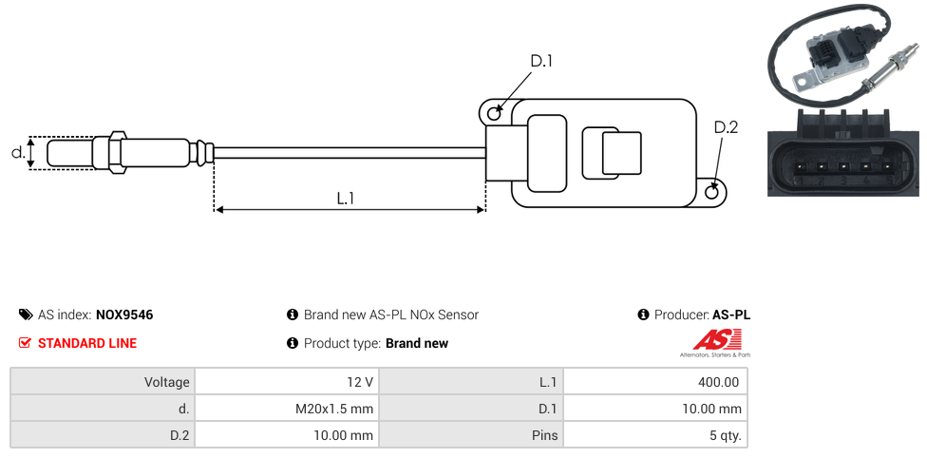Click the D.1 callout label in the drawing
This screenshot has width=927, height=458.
540,61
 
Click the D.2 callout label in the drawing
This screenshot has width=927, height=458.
725,127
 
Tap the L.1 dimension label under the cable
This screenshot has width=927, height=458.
346,199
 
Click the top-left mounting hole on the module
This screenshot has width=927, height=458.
494,114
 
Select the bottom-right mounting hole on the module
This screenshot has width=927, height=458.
713,192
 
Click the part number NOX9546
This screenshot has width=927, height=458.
124,315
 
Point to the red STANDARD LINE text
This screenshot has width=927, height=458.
86,343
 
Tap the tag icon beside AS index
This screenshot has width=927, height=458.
26,315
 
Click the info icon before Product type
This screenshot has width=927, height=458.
293,343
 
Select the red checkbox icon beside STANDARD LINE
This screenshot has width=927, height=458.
26,343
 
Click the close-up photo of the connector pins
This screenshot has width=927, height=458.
842,152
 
